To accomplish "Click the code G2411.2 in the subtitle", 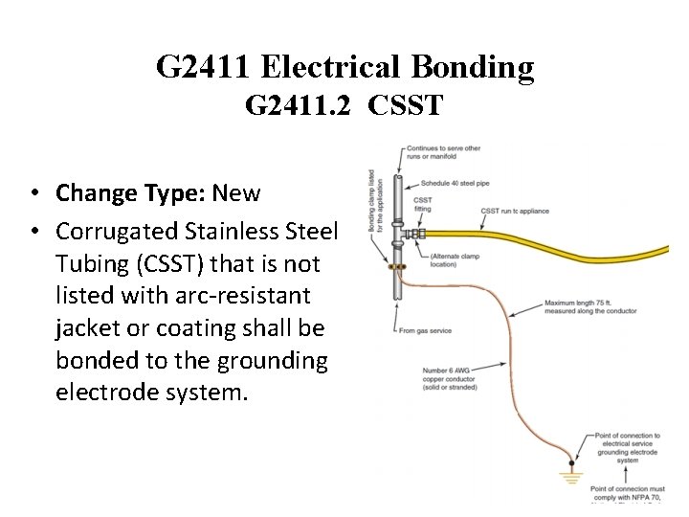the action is pyautogui.click(x=296, y=104).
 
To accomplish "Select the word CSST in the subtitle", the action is pyautogui.click(x=406, y=104).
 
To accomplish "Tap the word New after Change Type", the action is pyautogui.click(x=236, y=193).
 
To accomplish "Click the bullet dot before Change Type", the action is pyautogui.click(x=33, y=194).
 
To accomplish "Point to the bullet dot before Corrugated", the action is pyautogui.click(x=33, y=233).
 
